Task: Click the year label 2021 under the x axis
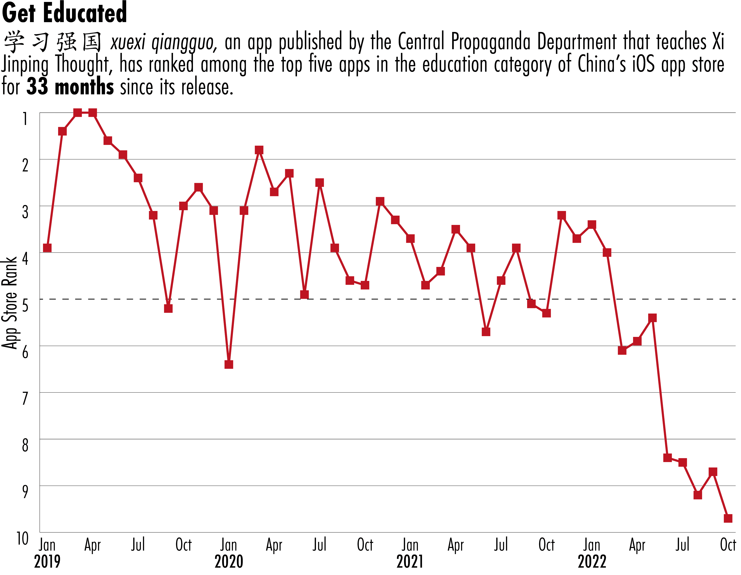(410, 562)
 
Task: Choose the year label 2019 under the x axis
(47, 562)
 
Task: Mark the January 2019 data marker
(47, 248)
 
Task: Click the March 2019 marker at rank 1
(77, 113)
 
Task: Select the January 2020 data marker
(229, 365)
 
